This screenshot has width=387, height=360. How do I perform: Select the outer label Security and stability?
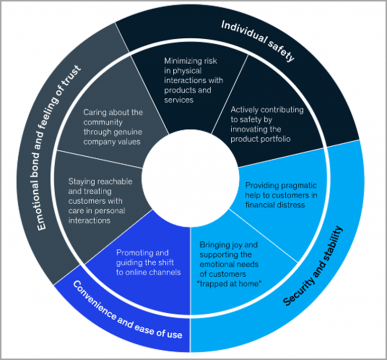coord(313,265)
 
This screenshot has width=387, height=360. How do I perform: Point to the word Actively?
coord(243,109)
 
